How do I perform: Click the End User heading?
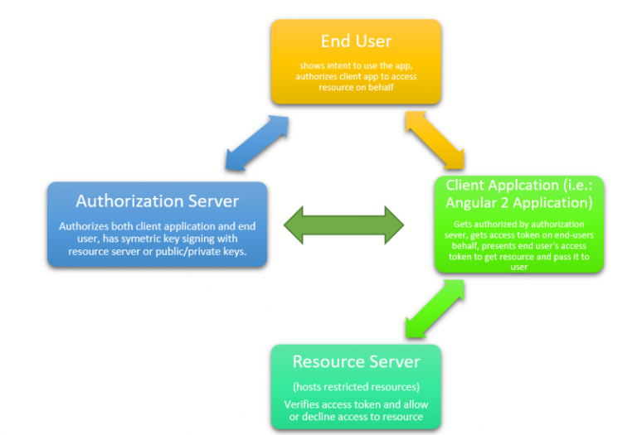[356, 41]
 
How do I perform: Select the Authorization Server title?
[157, 201]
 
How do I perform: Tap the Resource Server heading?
[356, 362]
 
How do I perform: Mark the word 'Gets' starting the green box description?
[462, 225]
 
